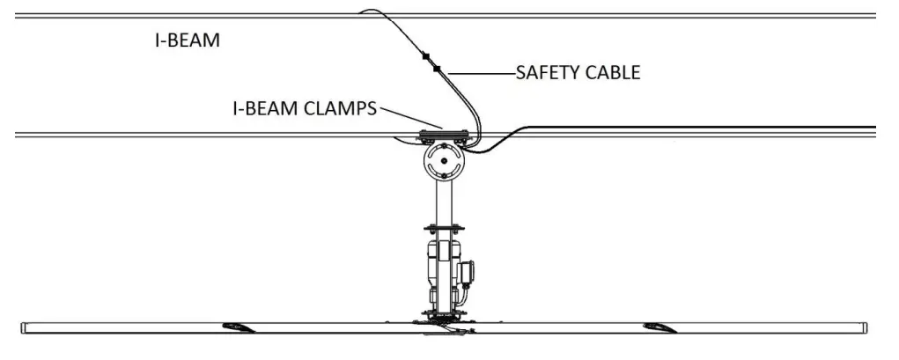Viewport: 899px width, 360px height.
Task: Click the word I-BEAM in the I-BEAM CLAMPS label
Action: click(262, 108)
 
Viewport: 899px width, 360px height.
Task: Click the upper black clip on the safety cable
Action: click(425, 57)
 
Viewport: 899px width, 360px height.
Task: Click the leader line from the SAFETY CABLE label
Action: click(480, 73)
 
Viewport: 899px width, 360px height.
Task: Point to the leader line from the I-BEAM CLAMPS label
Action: click(409, 118)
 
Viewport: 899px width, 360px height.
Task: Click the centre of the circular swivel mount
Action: click(442, 162)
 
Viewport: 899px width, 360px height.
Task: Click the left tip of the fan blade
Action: click(26, 327)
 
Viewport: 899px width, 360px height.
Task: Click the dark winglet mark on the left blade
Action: click(239, 327)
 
